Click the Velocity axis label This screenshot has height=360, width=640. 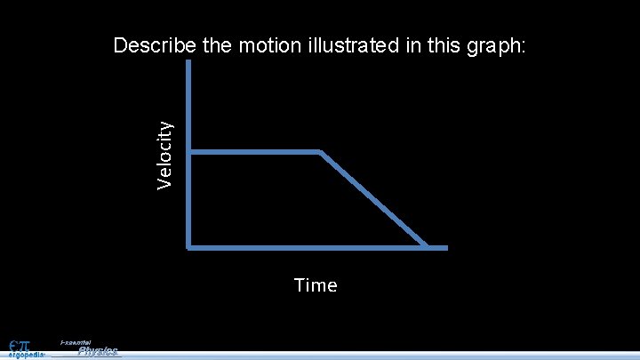coord(164,155)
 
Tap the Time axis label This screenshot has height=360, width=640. coord(316,285)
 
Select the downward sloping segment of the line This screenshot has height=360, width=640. coord(373,199)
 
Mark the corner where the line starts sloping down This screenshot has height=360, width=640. coord(320,153)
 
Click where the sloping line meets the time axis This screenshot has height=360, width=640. coord(427,246)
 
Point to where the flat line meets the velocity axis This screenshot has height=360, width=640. coord(190,153)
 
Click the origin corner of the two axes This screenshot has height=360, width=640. coord(190,246)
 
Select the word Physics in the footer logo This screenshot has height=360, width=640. coord(98,351)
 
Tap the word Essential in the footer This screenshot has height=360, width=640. coord(76,342)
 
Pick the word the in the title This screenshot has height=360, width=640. coord(218,46)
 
